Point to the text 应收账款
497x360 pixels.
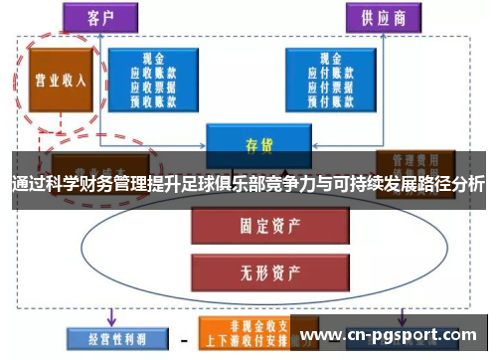(x=152, y=73)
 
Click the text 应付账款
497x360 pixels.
(x=330, y=73)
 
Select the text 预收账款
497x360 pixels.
(x=152, y=98)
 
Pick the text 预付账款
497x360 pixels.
(x=330, y=98)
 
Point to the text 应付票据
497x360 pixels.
(x=330, y=86)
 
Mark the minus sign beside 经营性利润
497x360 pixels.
(x=183, y=337)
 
